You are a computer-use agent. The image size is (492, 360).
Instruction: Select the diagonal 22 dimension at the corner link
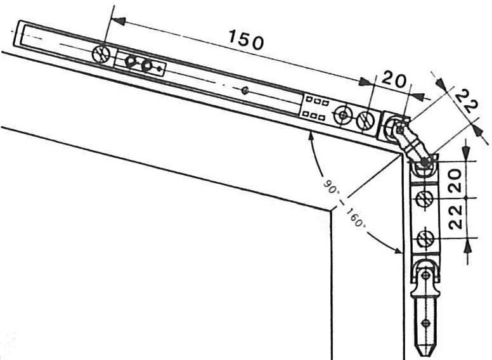(x=465, y=101)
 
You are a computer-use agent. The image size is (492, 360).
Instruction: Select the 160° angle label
(x=356, y=217)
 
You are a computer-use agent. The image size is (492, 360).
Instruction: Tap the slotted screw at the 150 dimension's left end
(x=101, y=54)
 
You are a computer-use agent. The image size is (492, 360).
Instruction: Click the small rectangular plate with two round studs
(x=140, y=64)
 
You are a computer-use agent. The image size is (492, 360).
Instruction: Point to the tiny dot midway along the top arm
(x=244, y=90)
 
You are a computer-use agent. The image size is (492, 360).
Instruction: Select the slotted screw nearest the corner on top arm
(x=366, y=119)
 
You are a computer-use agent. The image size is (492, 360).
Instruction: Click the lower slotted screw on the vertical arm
(x=424, y=239)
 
